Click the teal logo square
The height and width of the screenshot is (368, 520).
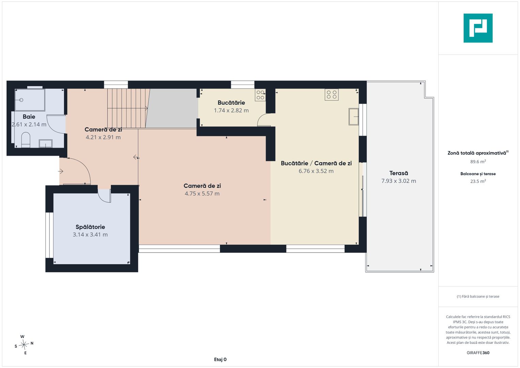click(478, 28)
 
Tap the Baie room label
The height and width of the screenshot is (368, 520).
click(29, 117)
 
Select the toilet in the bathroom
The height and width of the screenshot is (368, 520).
click(26, 140)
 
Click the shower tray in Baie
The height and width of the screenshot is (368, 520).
click(30, 100)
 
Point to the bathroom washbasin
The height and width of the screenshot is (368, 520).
click(46, 143)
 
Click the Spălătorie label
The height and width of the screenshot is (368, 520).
click(90, 227)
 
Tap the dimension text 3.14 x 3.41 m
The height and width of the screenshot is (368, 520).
click(90, 235)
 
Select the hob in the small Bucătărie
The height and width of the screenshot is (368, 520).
click(260, 95)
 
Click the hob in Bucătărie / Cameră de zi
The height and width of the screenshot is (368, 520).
click(331, 95)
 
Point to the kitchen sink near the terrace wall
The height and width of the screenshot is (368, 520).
click(353, 117)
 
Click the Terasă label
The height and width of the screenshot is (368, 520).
click(398, 173)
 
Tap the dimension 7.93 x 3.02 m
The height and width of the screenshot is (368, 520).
click(398, 181)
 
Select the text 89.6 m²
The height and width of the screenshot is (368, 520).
click(478, 162)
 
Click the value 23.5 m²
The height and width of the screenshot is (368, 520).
click(478, 181)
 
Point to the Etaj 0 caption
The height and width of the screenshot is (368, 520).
click(220, 359)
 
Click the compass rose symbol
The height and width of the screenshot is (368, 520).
click(24, 344)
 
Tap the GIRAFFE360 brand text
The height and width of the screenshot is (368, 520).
click(478, 353)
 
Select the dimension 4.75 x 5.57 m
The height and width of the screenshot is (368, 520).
click(202, 194)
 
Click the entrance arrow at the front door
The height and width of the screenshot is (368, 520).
click(61, 171)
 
